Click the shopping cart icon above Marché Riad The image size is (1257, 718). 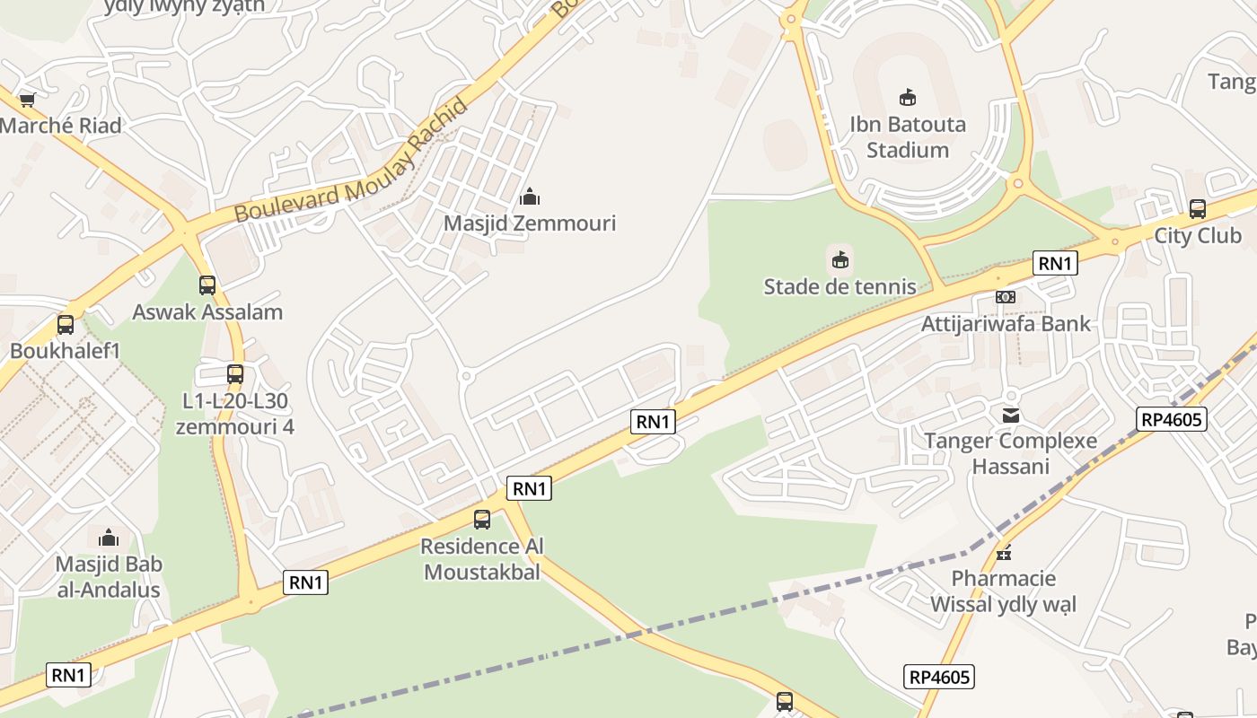(27, 100)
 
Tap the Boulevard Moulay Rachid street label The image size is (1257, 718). (351, 162)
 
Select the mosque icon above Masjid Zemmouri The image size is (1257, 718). (530, 196)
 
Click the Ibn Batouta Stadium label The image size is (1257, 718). (908, 136)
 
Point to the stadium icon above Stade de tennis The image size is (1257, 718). (839, 259)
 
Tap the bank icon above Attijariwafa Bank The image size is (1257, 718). (1006, 296)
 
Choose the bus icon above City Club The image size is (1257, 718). (1197, 209)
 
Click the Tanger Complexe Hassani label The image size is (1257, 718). (1011, 453)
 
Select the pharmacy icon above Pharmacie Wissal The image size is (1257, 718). (1004, 552)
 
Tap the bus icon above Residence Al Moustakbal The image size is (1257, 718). (482, 520)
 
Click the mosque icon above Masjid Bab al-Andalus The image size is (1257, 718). (109, 538)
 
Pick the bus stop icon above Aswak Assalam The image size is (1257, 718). (207, 285)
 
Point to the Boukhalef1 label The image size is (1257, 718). (65, 350)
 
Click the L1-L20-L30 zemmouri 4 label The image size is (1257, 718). (235, 413)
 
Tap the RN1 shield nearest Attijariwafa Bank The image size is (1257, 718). (1055, 263)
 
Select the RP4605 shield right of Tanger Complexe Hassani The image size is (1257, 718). (1171, 419)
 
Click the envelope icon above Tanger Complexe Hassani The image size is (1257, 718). (1011, 415)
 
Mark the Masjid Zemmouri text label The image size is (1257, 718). (530, 223)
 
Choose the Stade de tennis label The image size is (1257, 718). (839, 286)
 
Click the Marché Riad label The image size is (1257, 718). (60, 126)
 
